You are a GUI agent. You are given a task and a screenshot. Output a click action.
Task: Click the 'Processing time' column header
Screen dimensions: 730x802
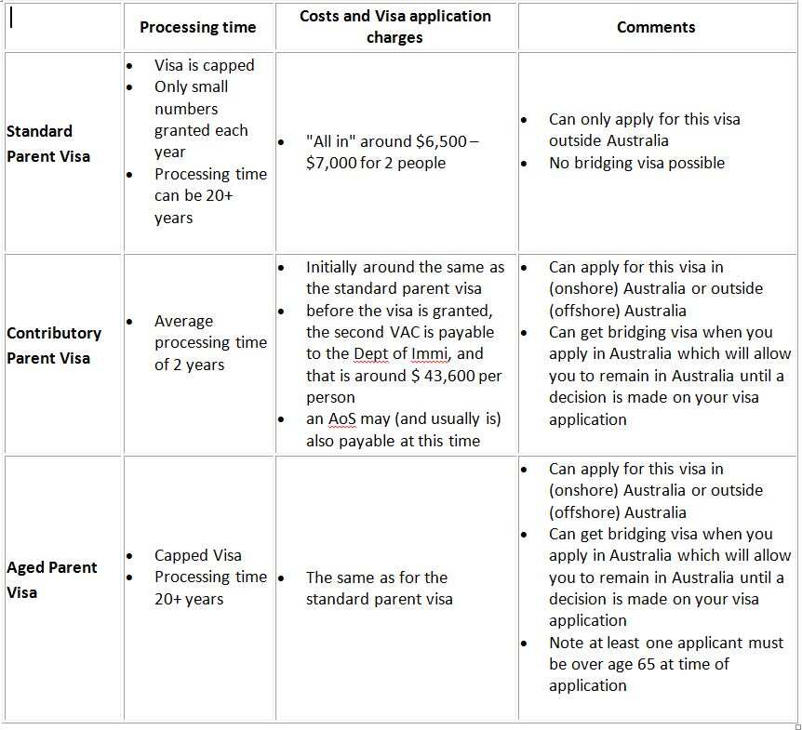click(197, 27)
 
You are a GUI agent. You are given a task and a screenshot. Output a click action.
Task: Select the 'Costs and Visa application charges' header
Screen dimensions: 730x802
click(395, 27)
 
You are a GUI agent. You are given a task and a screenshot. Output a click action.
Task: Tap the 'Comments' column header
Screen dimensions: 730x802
click(656, 27)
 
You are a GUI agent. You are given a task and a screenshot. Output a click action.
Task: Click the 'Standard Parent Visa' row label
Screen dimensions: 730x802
click(48, 143)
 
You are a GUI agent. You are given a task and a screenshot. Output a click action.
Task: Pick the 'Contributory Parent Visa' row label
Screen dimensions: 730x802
click(54, 345)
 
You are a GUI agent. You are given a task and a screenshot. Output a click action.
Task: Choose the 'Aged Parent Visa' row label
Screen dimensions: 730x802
click(52, 579)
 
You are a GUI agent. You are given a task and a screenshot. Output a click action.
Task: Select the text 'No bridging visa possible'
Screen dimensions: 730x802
click(636, 163)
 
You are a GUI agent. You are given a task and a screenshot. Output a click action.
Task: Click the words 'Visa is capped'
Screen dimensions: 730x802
click(204, 65)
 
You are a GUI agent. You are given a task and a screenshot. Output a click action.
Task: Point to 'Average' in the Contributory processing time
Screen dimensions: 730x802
click(183, 321)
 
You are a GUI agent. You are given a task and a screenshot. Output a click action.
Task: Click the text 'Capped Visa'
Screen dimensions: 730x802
click(197, 555)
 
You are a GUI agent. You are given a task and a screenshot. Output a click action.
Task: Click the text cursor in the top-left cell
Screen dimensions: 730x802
click(10, 19)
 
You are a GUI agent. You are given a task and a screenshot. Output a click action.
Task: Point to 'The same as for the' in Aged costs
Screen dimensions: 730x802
click(377, 577)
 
